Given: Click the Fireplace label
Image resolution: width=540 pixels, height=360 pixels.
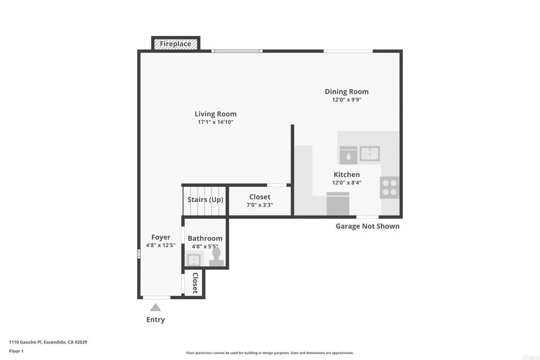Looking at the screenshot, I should tap(176, 44).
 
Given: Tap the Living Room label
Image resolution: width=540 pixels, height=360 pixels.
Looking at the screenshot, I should tap(215, 114).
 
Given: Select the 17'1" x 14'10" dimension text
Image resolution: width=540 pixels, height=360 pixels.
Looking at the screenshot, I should tap(215, 122).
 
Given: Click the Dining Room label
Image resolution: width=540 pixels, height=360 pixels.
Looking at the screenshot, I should tap(346, 92).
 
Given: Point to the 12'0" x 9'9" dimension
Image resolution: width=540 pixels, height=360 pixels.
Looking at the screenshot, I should tap(346, 100).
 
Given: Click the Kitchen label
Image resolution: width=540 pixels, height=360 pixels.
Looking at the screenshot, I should tap(346, 174).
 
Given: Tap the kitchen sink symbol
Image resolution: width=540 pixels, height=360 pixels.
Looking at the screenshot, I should tap(370, 154).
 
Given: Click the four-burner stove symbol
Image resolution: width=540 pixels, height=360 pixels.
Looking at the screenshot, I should tap(390, 188).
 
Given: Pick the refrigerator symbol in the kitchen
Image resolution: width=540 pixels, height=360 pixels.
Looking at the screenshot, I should tap(338, 204).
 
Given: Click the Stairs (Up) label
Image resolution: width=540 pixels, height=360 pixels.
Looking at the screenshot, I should tap(205, 200).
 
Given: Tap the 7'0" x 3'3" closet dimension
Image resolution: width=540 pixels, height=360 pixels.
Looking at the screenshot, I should tap(259, 205).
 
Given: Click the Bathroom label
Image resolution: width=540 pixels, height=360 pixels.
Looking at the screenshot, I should tap(205, 238).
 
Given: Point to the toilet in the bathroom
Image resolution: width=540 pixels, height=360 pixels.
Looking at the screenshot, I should tap(216, 257).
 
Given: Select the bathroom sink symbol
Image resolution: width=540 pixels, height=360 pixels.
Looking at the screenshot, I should tap(194, 259).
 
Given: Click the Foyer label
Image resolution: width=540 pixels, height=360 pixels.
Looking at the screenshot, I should tap(161, 237).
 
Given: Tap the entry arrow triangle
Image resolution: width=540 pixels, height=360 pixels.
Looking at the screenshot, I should tap(155, 307).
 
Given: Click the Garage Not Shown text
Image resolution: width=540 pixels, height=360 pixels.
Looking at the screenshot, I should tap(368, 226).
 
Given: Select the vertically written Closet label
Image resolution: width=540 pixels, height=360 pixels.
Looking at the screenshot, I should tap(195, 283).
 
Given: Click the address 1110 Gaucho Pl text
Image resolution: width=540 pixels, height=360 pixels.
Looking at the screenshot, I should tap(48, 342).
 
